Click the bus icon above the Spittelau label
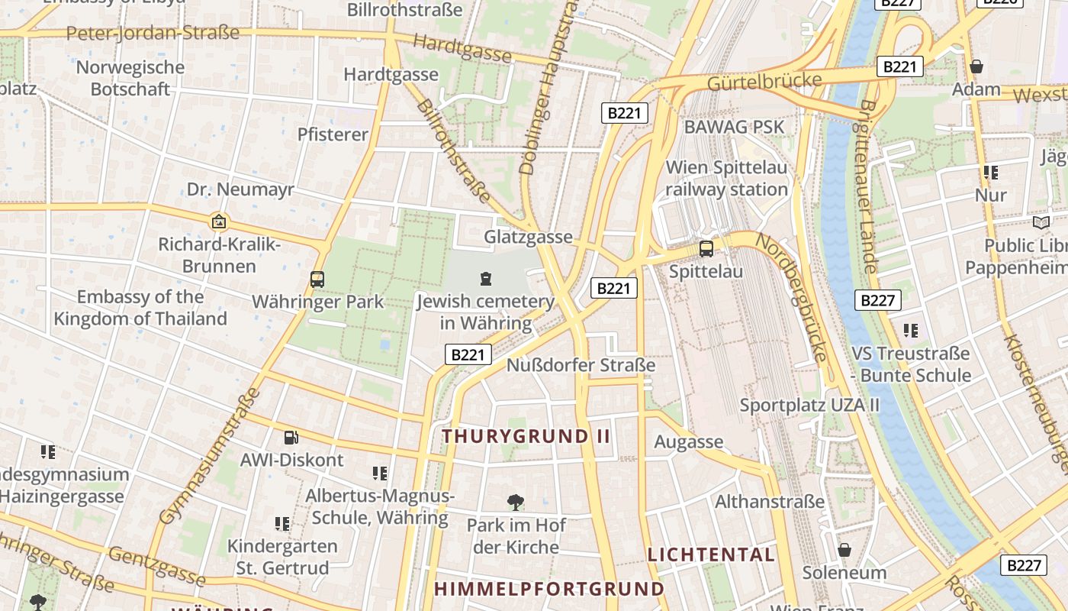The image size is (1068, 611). (706, 248)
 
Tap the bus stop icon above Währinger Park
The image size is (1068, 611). (317, 280)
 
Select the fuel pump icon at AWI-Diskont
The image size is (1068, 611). (291, 438)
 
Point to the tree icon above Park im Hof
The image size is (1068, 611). (516, 502)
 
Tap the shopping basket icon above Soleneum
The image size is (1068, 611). (844, 550)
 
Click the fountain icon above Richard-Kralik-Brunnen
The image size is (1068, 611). (219, 222)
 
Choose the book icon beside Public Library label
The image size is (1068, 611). (1041, 222)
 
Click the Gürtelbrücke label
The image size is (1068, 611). (764, 82)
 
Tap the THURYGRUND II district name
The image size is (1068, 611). (526, 436)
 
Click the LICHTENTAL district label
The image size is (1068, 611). (711, 554)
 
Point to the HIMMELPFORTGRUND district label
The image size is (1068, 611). (549, 589)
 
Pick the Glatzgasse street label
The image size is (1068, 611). (528, 237)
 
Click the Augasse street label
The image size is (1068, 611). (689, 441)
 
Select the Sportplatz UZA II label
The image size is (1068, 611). (809, 405)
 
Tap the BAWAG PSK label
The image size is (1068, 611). (734, 127)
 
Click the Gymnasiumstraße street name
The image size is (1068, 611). (209, 457)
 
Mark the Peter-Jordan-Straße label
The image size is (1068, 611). (153, 34)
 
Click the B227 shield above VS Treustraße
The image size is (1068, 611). (877, 300)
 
